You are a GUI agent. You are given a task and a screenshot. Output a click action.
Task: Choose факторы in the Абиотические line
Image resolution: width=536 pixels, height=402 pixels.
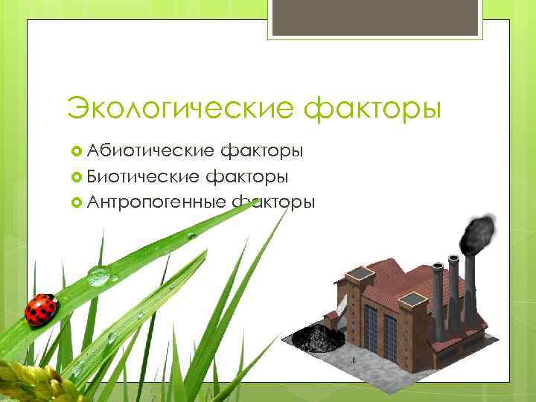[x=261, y=151]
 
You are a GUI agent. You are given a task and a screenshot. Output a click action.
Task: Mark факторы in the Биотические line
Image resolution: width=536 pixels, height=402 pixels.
[x=248, y=176]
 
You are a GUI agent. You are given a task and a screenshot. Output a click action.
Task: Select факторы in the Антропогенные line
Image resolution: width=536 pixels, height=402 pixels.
[x=273, y=202]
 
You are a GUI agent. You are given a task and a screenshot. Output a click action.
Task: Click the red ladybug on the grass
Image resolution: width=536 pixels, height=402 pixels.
[x=41, y=309]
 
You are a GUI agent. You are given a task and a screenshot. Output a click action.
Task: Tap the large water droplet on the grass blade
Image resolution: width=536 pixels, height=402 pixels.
[x=98, y=276]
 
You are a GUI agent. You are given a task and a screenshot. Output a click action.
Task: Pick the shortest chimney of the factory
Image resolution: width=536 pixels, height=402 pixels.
[x=438, y=301]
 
